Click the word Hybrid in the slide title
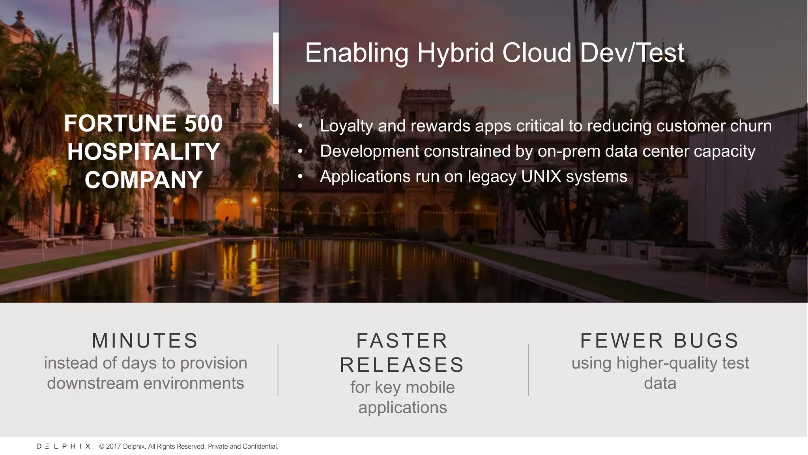pos(455,53)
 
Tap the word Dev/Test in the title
pos(632,53)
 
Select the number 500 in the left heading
pos(204,123)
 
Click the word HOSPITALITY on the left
pos(144,152)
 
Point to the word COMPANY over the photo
pos(144,180)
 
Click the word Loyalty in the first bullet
pos(346,126)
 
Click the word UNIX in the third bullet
pos(541,176)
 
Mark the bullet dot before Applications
pos(300,177)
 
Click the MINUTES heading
pos(145,340)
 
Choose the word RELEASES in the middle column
pos(402,365)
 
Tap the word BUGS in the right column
pos(706,340)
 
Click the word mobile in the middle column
pos(430,387)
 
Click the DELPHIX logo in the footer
pos(64,446)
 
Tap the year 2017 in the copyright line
pos(114,446)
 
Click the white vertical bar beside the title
pos(276,68)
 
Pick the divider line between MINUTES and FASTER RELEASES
pos(278,370)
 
